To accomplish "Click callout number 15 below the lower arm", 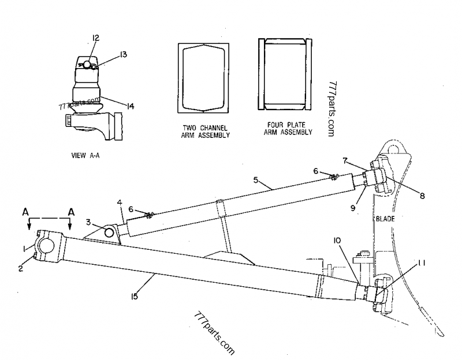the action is [135, 297].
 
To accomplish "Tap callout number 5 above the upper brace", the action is [256, 179].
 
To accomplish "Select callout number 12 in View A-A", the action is [95, 37].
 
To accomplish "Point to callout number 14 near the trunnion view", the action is [130, 106].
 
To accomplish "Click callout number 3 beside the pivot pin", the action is [88, 222].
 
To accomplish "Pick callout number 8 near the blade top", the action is [422, 196].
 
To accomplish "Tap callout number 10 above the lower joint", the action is [337, 241].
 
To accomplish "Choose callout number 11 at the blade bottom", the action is [422, 262].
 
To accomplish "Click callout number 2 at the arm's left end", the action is [20, 268].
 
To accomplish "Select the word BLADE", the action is [385, 219].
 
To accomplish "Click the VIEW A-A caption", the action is [85, 155].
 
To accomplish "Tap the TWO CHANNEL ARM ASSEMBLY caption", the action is [206, 132].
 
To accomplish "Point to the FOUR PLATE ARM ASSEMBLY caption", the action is [288, 129].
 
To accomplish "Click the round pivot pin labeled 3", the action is [109, 232].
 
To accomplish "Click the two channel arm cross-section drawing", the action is [204, 78].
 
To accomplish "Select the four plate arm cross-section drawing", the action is [285, 74].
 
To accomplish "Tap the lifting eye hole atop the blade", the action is [394, 149].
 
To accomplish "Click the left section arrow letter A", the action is [26, 212].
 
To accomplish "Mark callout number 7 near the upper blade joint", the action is [345, 161].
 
